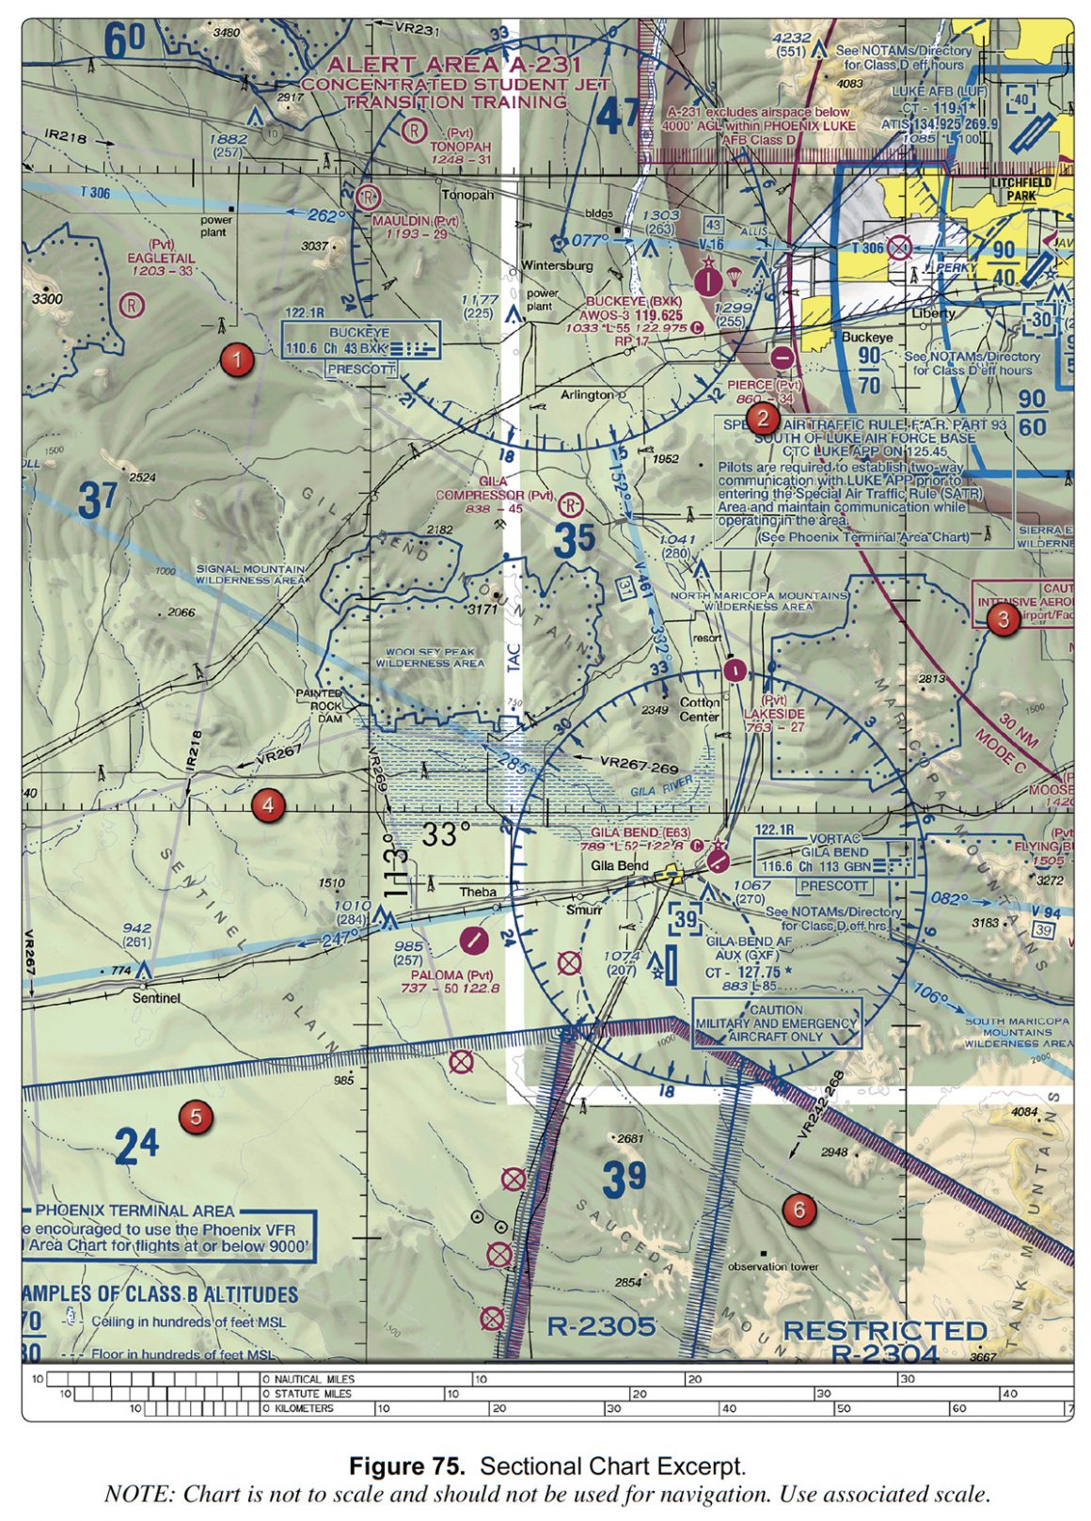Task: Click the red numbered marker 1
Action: click(x=237, y=359)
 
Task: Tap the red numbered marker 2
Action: click(x=762, y=419)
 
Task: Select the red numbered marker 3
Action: click(x=1004, y=619)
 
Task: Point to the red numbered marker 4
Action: click(x=268, y=805)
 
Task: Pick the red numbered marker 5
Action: click(x=196, y=1117)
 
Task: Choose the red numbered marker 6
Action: click(x=799, y=1210)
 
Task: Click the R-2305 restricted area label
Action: click(x=601, y=1326)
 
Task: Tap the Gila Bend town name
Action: click(x=620, y=865)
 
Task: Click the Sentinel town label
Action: click(x=156, y=997)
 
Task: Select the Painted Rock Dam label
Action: click(x=319, y=705)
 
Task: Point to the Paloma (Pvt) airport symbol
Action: click(x=475, y=938)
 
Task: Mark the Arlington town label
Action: click(x=587, y=395)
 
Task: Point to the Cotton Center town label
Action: click(x=700, y=709)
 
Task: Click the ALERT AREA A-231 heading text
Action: click(x=453, y=65)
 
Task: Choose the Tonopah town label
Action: click(x=467, y=196)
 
